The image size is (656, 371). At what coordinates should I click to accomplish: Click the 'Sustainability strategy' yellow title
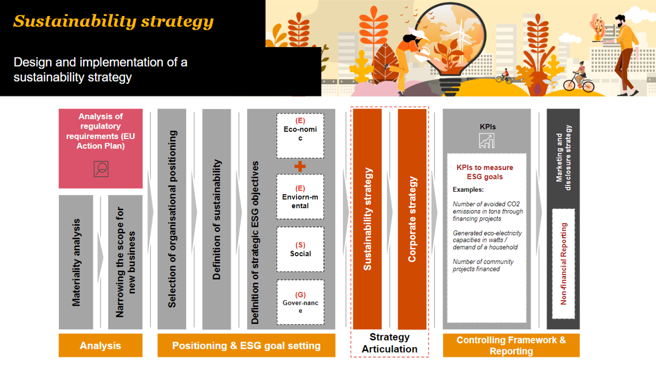click(113, 21)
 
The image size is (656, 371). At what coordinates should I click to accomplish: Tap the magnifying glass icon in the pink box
click(101, 169)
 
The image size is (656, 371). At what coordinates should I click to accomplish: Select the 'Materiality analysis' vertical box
click(76, 262)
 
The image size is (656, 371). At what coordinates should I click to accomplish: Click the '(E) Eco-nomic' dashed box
click(300, 136)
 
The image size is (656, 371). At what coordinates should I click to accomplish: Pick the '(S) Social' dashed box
click(300, 250)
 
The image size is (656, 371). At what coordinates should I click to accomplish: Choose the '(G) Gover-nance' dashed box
click(300, 302)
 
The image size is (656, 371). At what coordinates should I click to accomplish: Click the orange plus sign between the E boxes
click(300, 166)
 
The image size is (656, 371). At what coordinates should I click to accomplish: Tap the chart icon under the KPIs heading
click(487, 141)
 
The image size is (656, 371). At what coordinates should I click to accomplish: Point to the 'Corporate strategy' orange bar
click(412, 219)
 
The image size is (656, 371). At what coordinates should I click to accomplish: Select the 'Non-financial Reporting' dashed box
click(564, 264)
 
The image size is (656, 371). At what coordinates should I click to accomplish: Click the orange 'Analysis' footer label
click(100, 346)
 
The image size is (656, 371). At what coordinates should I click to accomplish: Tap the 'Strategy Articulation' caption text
click(389, 343)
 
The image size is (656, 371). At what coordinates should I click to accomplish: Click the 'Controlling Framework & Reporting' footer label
click(511, 346)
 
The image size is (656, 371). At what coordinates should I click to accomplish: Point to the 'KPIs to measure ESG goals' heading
click(485, 172)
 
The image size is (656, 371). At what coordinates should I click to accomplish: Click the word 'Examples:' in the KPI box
click(468, 190)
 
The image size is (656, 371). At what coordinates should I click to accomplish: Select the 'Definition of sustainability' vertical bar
click(217, 219)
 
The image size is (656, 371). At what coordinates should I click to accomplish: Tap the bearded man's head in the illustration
click(620, 21)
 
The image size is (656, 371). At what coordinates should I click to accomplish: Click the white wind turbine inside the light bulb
click(461, 37)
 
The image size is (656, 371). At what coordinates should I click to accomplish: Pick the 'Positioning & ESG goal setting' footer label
click(246, 346)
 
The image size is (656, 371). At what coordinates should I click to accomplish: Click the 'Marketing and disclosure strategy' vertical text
click(564, 158)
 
